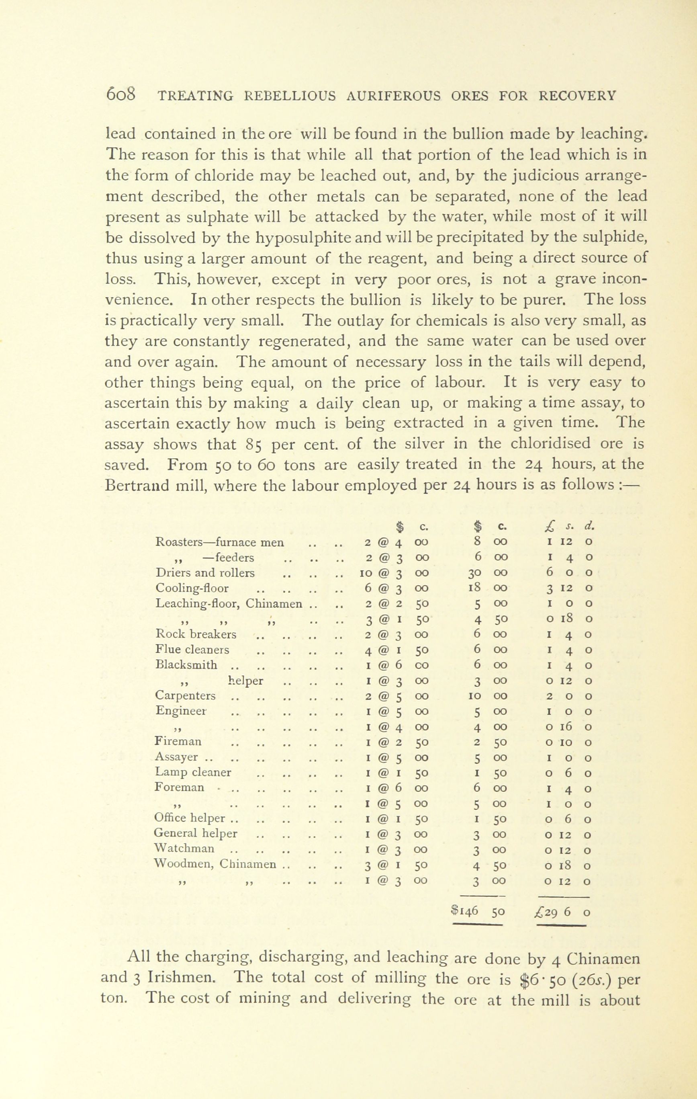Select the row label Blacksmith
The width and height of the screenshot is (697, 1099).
(186, 664)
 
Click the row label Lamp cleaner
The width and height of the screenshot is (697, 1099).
(193, 772)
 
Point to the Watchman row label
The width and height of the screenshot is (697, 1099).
(184, 849)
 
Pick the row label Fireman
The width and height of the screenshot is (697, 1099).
(178, 742)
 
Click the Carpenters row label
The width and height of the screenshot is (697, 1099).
(185, 695)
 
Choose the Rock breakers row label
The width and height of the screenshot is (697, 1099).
(196, 634)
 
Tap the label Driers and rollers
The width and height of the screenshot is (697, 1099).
(205, 573)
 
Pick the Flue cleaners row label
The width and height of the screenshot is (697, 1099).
(192, 650)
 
